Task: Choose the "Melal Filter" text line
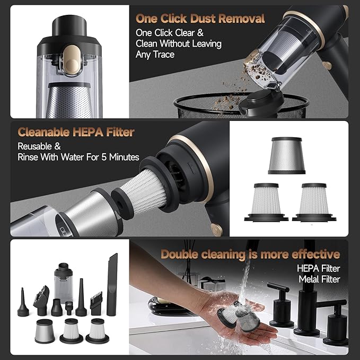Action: point(319,279)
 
